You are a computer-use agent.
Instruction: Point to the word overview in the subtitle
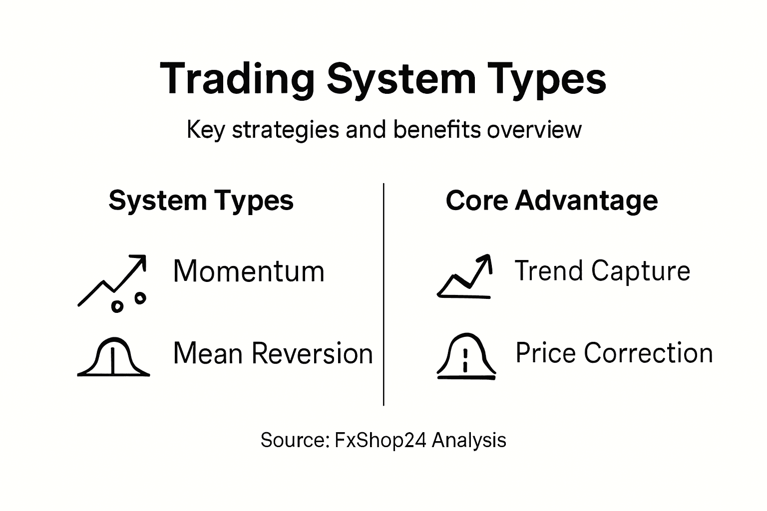point(534,130)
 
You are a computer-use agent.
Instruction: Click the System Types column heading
point(201,201)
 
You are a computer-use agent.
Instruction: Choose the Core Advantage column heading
point(551,201)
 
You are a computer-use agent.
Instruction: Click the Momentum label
point(249,271)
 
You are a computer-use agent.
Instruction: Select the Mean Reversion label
point(273,353)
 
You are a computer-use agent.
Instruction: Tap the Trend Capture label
point(602,271)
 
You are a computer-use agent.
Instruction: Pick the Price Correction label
point(614,353)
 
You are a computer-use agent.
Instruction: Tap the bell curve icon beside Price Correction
point(466,356)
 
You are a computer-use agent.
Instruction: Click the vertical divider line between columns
point(383,294)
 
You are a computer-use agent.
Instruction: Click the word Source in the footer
point(293,440)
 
